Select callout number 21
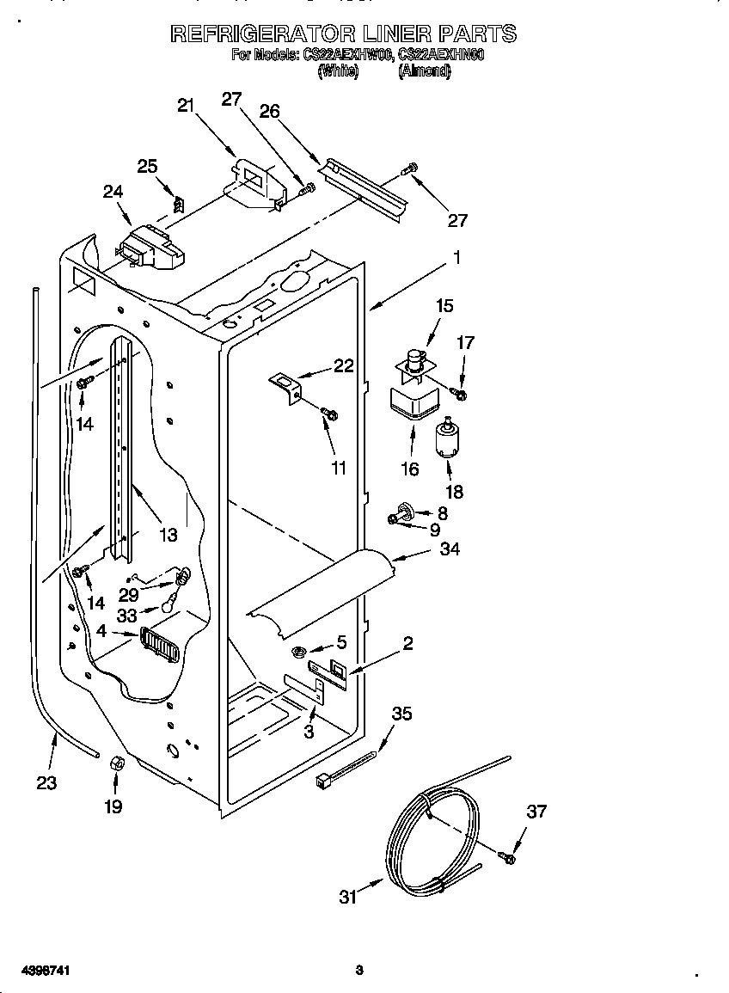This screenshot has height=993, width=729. tap(186, 106)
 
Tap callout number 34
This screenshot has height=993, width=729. tap(449, 549)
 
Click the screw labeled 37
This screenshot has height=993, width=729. tap(507, 856)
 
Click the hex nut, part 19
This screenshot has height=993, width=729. tap(114, 763)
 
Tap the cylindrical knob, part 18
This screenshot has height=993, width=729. tap(448, 439)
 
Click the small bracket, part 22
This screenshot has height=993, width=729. tap(287, 384)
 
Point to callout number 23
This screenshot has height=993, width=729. tap(46, 782)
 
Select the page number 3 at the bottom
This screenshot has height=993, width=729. tap(359, 971)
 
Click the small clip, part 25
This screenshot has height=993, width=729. tap(179, 205)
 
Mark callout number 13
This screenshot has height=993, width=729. tap(168, 535)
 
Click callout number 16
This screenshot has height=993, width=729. tap(410, 469)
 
